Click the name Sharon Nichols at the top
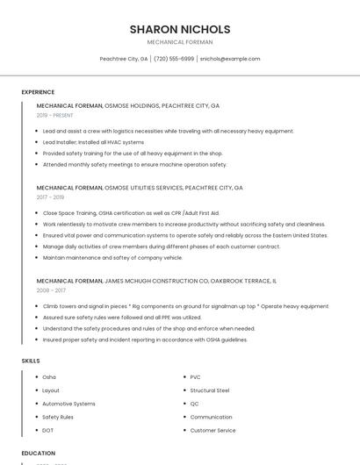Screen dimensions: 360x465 [x=180, y=29]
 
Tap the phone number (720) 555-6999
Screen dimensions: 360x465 [x=174, y=59]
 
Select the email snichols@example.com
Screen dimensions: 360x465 [x=230, y=59]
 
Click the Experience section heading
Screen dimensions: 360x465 [x=38, y=92]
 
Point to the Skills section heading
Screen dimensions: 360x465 [x=31, y=361]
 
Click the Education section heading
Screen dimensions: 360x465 [x=39, y=454]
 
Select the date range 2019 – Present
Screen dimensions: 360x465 [x=55, y=115]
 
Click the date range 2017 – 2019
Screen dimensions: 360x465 [x=50, y=197]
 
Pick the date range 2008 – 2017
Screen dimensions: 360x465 [x=51, y=290]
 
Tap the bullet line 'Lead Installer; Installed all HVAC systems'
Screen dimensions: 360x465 [x=93, y=142]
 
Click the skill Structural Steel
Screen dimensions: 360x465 [x=210, y=390]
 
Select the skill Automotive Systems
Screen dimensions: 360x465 [x=68, y=404]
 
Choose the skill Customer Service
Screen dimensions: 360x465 [x=212, y=431]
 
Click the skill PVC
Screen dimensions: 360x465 [x=196, y=377]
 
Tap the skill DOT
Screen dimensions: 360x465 [x=48, y=431]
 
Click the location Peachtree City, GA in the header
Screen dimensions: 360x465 [x=124, y=59]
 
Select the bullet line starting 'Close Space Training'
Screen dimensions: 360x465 [x=131, y=213]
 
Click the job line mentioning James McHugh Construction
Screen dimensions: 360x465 [x=156, y=281]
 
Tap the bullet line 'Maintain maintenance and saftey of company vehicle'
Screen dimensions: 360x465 [x=112, y=258]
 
